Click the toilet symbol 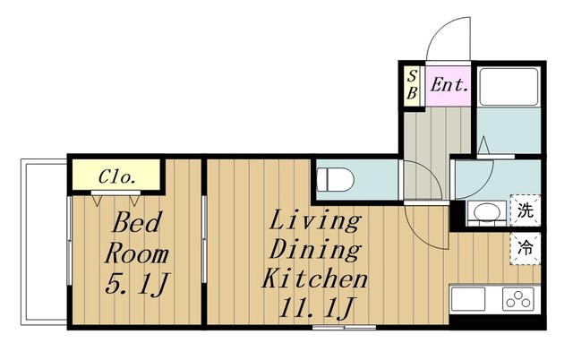pyautogui.click(x=336, y=179)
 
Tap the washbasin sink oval pyautogui.click(x=487, y=212)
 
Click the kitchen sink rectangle pyautogui.click(x=468, y=298)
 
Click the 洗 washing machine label pyautogui.click(x=525, y=210)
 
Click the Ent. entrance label pyautogui.click(x=449, y=86)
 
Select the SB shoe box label pyautogui.click(x=412, y=85)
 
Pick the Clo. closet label pyautogui.click(x=117, y=177)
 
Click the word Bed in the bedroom pyautogui.click(x=136, y=223)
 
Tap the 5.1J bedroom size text pyautogui.click(x=136, y=285)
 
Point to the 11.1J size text pyautogui.click(x=315, y=308)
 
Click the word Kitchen pyautogui.click(x=314, y=279)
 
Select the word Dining pyautogui.click(x=315, y=250)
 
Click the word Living pyautogui.click(x=315, y=220)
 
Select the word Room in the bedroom pyautogui.click(x=136, y=253)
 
